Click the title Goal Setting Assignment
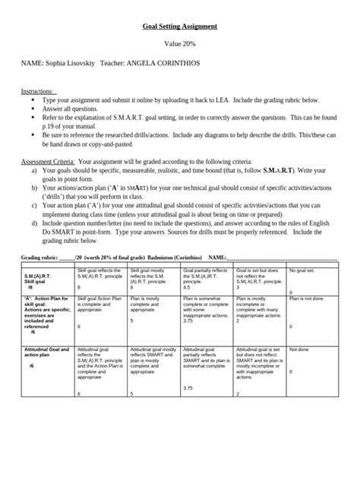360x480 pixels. tap(180, 27)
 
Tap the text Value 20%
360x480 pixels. tap(180, 45)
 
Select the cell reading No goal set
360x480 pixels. tap(303, 270)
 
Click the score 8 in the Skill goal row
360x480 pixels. tap(80, 288)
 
